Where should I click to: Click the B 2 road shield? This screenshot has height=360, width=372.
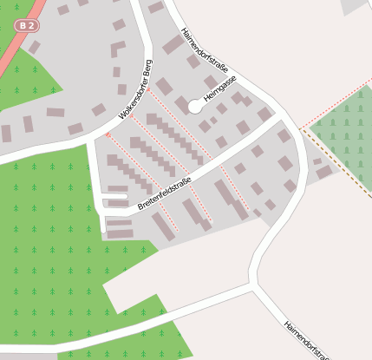pyautogui.click(x=27, y=26)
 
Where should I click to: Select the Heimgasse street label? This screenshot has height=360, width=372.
pyautogui.click(x=220, y=90)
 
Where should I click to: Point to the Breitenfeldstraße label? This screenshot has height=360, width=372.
pyautogui.click(x=164, y=194)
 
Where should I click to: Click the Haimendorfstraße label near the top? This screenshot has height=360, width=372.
pyautogui.click(x=205, y=48)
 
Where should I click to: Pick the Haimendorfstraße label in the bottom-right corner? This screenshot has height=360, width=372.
pyautogui.click(x=306, y=337)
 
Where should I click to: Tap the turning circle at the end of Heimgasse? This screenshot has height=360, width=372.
pyautogui.click(x=195, y=108)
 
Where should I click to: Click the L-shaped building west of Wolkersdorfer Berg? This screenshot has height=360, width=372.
pyautogui.click(x=117, y=49)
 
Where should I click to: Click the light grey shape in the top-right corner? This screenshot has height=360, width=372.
pyautogui.click(x=354, y=6)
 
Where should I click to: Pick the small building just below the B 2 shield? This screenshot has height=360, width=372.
pyautogui.click(x=34, y=46)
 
